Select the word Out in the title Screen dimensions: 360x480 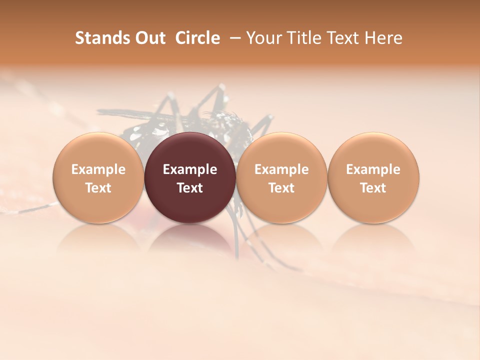coord(149,38)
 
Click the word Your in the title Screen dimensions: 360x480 coord(261,38)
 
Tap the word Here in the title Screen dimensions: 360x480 coord(383,38)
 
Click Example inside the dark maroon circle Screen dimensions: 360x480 coord(190,169)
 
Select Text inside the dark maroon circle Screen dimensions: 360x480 coord(190,188)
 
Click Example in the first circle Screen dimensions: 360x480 coord(98,169)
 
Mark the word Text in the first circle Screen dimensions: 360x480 coord(98,188)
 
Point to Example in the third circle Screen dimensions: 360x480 coord(281,169)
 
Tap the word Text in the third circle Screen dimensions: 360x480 coord(281,188)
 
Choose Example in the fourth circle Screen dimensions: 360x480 coord(373,169)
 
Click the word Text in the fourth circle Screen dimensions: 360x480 coord(373,188)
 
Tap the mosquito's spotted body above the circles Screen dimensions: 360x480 coord(220,122)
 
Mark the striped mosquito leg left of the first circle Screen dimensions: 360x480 coord(30,208)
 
